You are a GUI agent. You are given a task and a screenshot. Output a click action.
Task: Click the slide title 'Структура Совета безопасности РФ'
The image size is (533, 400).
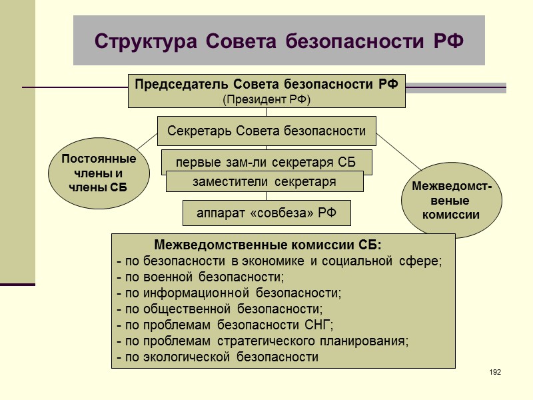pos(278,41)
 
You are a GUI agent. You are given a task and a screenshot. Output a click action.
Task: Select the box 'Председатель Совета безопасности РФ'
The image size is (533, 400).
pos(266,85)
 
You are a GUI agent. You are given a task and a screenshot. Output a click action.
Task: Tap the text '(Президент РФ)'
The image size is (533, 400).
pos(266,99)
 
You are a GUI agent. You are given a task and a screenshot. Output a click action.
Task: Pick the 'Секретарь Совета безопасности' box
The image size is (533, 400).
pos(266,131)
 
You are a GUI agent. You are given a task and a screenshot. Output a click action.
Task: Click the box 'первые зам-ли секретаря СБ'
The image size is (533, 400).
pos(266,161)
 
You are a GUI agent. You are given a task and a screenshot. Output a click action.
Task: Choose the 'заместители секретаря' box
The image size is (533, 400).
pos(265,181)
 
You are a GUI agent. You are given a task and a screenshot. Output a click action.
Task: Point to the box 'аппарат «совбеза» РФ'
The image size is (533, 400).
pos(266,213)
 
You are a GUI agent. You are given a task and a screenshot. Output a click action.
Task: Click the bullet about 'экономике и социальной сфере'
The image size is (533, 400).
pos(279,260)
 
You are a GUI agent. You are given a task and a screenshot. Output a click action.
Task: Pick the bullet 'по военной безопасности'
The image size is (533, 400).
pos(201,276)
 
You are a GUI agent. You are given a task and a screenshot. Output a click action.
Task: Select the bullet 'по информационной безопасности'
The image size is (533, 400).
pos(229,293)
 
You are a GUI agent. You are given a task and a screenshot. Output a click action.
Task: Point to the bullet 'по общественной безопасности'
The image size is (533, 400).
pos(219,309)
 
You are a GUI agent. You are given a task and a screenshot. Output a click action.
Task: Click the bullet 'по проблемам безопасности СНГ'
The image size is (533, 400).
pos(225,325)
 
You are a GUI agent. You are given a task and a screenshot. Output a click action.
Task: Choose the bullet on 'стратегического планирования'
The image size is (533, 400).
pos(263,341)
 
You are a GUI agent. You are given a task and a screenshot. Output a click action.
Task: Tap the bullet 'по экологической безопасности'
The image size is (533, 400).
pos(217,357)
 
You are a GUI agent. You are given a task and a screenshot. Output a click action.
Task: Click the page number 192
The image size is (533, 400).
pos(494,371)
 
